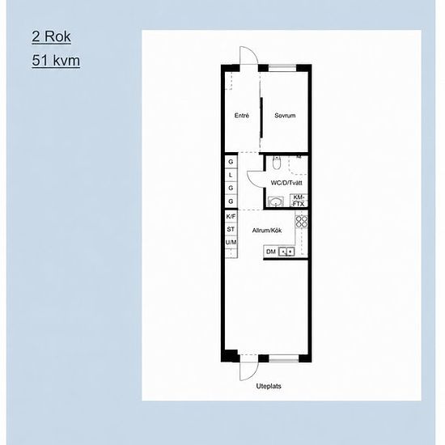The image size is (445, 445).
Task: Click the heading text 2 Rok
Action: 51,36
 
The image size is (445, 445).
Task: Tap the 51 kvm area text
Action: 56,61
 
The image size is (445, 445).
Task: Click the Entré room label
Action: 242,116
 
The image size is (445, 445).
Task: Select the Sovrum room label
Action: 285,116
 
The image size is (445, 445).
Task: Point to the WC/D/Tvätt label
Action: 286,183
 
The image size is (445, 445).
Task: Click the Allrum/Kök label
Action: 267,231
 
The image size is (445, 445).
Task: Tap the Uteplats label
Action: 269,386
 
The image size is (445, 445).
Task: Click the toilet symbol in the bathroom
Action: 276,163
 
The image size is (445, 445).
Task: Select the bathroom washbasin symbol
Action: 276,201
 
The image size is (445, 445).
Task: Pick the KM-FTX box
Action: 299,201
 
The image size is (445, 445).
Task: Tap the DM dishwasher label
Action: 271,252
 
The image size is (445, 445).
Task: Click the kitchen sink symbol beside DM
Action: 286,252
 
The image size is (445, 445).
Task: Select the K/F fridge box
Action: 231,216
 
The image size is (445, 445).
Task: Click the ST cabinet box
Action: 231,229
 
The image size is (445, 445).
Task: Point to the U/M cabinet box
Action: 231,242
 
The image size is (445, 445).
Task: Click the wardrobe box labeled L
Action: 231,175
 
